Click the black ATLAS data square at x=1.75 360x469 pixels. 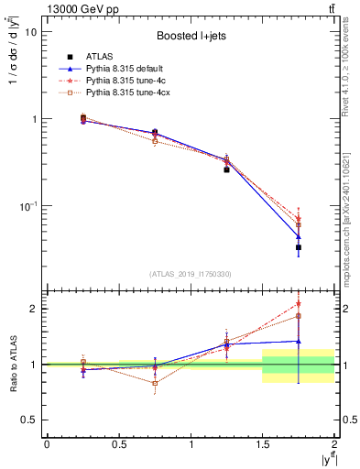pos(299,247)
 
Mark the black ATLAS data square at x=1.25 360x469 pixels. pos(226,169)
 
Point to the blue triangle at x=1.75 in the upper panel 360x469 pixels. pos(299,236)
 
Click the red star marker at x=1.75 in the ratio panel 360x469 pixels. pos(299,304)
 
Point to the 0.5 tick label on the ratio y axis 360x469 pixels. pos(29,420)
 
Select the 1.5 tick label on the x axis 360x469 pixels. pos(263,444)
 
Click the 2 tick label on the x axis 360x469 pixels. pos(334,444)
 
